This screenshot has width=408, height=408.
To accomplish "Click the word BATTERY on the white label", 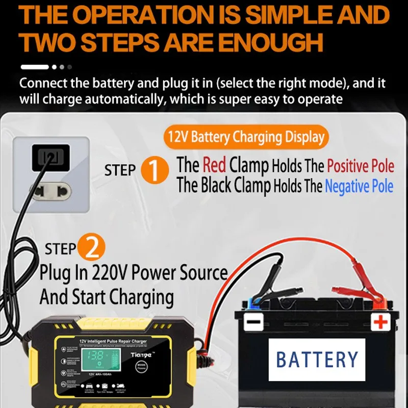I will click(x=317, y=359).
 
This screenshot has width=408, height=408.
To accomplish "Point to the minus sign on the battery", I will click(x=253, y=322).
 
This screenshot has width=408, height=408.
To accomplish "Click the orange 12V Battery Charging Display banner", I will click(x=246, y=137).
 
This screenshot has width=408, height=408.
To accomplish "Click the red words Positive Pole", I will click(x=361, y=166).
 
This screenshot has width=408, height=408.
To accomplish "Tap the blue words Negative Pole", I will click(x=359, y=187).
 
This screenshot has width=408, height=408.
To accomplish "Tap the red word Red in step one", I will click(x=214, y=165).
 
